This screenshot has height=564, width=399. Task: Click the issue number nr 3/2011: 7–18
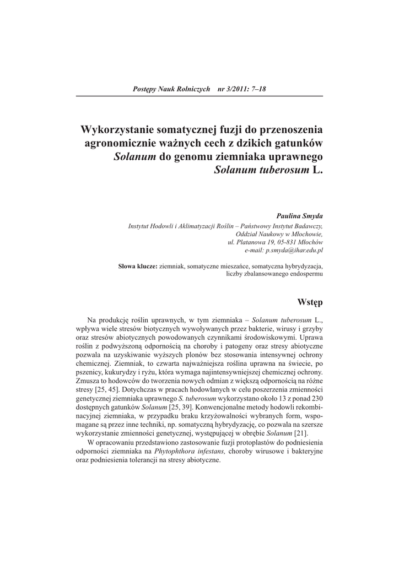click(242, 88)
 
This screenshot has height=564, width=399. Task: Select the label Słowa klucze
click(138, 267)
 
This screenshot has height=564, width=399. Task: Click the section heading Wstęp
click(310, 302)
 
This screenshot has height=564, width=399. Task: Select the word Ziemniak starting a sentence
click(128, 364)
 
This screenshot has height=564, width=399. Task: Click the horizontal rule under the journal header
click(199, 96)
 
